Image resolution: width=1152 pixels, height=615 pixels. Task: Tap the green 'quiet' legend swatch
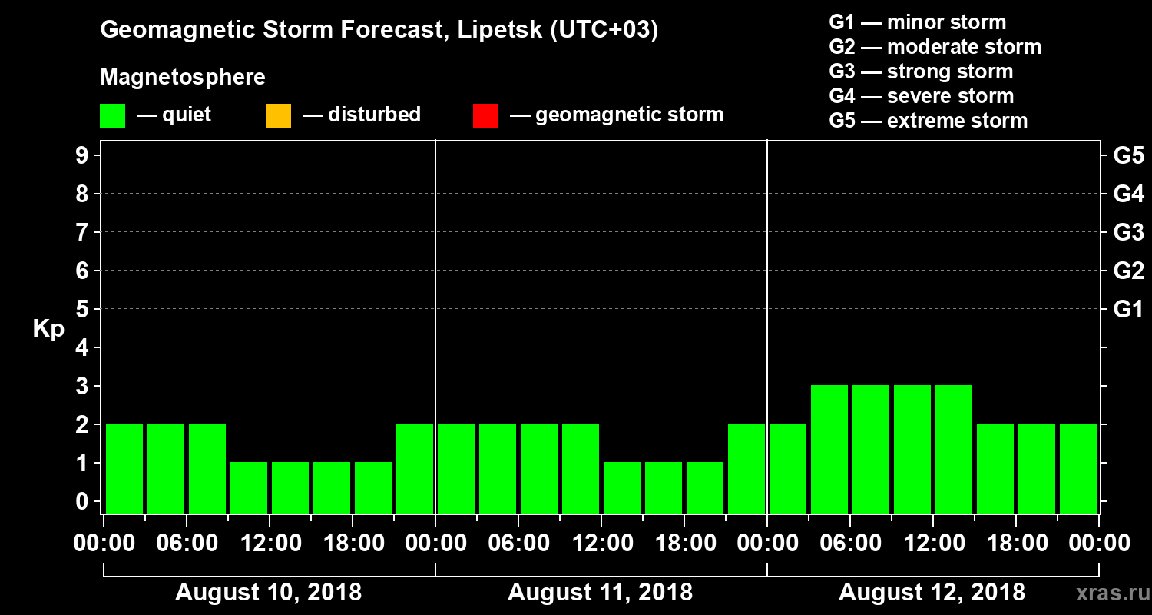(112, 116)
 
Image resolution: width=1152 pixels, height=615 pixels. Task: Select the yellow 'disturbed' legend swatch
(278, 116)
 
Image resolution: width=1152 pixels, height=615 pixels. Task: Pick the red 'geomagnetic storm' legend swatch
(485, 116)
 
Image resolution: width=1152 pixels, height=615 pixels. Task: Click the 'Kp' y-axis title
(48, 328)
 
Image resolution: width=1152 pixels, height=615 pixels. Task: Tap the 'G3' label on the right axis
(1128, 232)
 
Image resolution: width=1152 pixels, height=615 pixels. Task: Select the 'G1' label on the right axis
(1128, 309)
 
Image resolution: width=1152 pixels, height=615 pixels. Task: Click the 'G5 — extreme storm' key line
(928, 121)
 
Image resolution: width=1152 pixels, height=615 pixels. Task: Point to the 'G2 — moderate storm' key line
(935, 47)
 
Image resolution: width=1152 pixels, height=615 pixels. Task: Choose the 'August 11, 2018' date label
(600, 593)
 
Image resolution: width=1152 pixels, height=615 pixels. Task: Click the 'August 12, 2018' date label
(932, 593)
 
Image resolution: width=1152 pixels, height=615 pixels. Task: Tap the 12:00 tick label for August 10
(270, 543)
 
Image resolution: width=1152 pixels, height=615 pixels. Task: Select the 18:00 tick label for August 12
(1016, 543)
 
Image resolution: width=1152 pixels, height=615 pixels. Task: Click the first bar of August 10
(124, 467)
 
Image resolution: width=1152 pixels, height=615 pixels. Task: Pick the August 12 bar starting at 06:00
(871, 448)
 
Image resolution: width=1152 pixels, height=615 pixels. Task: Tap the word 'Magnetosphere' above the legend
(183, 78)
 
